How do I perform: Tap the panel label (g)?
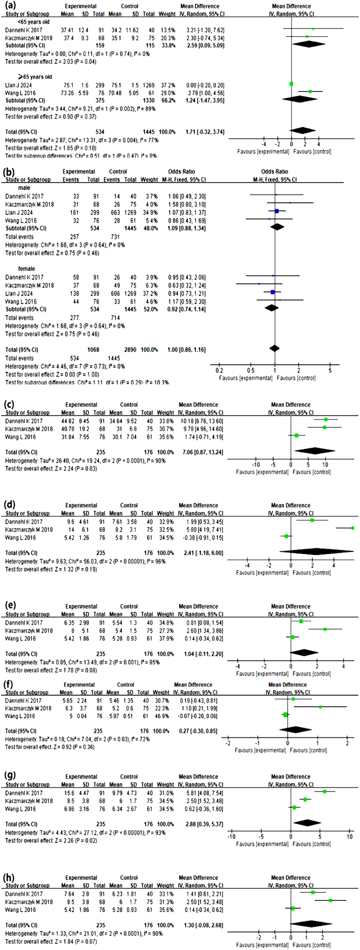10,774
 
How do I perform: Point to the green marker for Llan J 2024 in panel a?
291,84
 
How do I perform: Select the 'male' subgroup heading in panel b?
24,188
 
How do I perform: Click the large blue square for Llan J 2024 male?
277,211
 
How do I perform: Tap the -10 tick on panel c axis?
256,464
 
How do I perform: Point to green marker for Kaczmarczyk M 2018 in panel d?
352,528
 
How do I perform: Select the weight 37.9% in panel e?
165,639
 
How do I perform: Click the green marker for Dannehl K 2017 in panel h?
313,892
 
